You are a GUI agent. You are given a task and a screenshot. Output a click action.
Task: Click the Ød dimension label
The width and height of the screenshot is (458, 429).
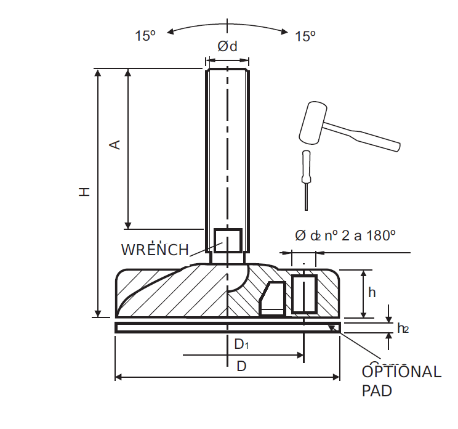[227, 47]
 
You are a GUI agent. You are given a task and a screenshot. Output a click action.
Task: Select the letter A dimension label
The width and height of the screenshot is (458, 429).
[114, 145]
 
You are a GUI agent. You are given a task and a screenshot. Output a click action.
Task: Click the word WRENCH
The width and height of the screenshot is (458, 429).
[155, 250]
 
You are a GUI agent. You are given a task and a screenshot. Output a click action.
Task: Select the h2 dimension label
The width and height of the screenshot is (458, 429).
[403, 329]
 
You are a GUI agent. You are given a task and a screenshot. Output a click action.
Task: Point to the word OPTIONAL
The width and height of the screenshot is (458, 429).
[401, 372]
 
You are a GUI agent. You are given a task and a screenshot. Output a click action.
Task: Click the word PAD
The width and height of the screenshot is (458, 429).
[376, 391]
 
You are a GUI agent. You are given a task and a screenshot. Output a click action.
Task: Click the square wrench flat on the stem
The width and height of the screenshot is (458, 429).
[227, 241]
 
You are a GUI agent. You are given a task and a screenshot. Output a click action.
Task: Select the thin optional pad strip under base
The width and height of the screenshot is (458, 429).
[227, 327]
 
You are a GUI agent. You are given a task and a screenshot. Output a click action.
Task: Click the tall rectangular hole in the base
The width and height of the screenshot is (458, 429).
[303, 294]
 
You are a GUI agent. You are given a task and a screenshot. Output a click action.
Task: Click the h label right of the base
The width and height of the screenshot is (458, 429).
[371, 293]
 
